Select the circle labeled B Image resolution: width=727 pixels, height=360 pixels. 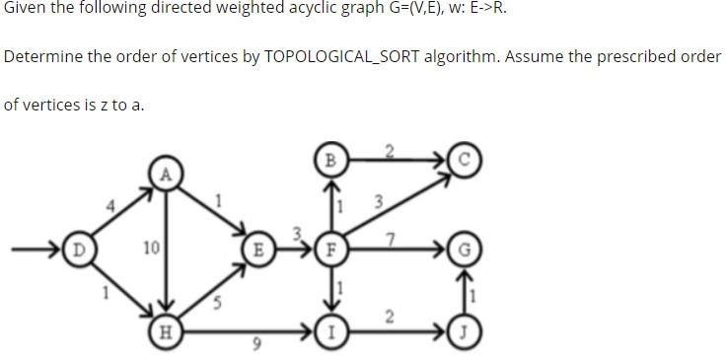(x=331, y=158)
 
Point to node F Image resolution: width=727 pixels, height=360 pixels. (x=331, y=248)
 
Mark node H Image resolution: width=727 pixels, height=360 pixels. (x=167, y=329)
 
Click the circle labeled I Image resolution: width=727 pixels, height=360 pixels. (x=331, y=329)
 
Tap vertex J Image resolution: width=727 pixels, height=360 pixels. (x=462, y=329)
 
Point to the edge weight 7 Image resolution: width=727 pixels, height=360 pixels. (x=392, y=238)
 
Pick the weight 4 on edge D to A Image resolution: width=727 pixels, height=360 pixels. (x=111, y=205)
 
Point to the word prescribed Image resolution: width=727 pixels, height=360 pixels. (x=637, y=56)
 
